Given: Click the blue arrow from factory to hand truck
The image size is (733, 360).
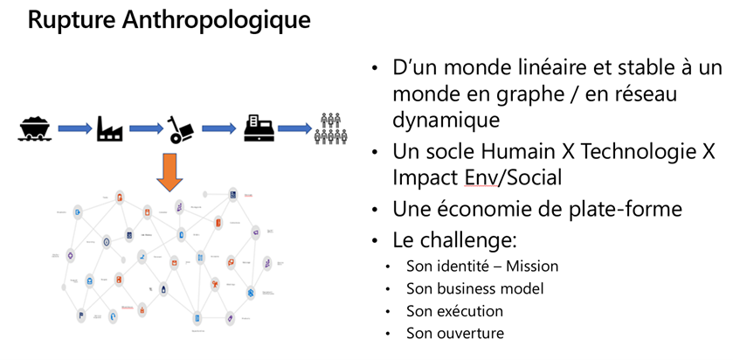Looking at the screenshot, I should coord(146,129).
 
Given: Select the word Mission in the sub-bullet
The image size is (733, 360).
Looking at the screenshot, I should coord(530,266).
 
